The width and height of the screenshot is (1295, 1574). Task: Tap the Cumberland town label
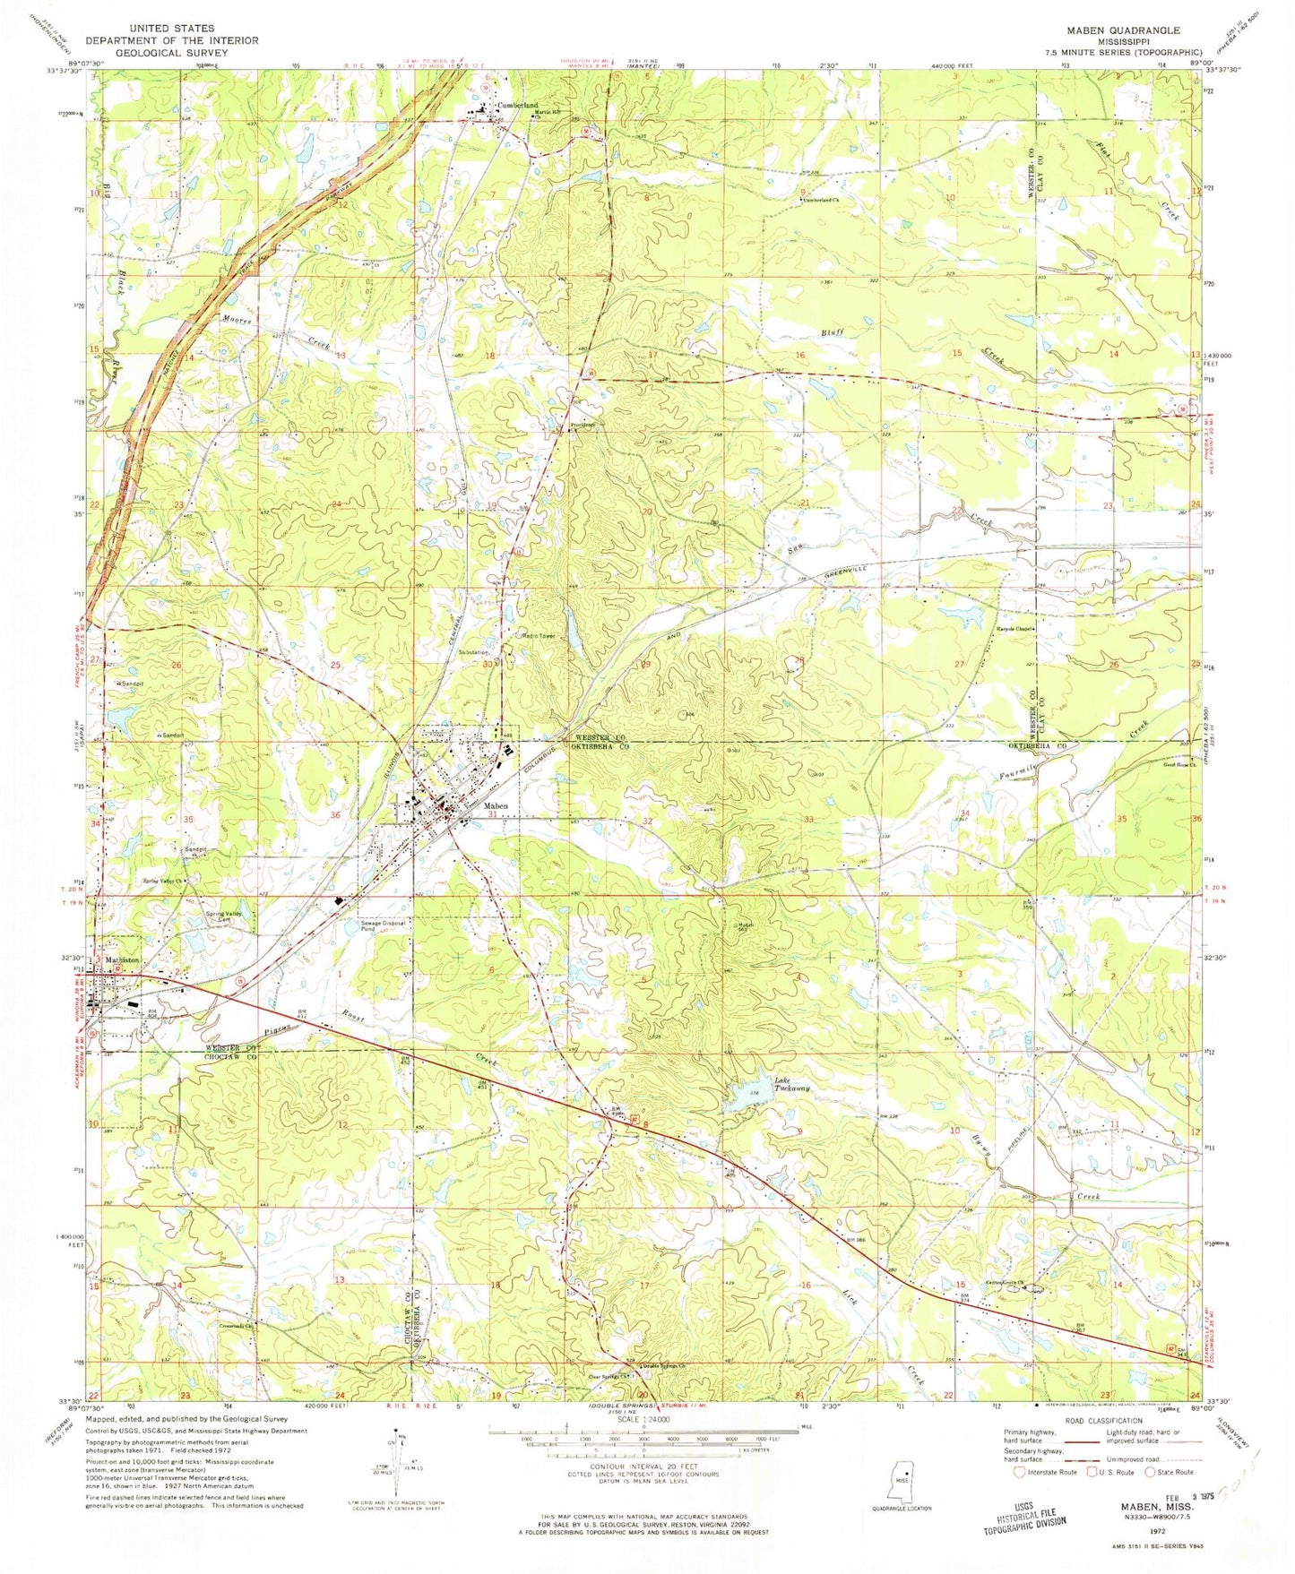(x=518, y=106)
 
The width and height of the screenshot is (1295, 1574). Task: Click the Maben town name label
(x=496, y=806)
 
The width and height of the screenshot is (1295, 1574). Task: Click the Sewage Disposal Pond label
(x=383, y=925)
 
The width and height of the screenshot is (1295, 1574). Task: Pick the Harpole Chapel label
(x=1016, y=628)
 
